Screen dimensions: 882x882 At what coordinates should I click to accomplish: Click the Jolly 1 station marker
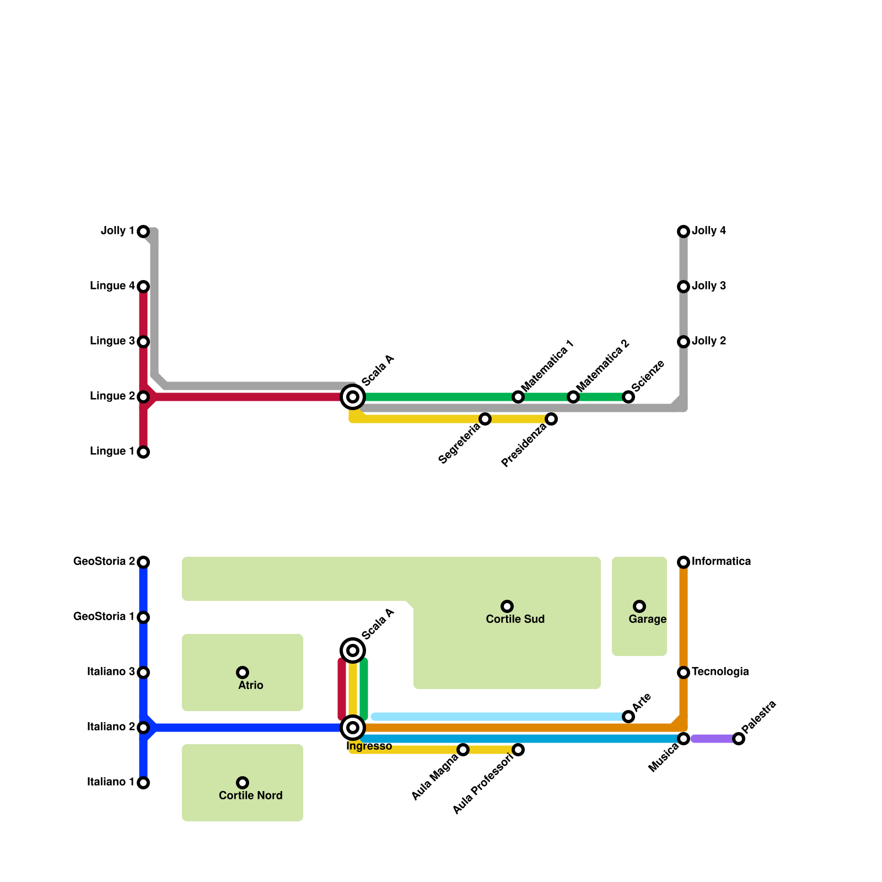pos(143,232)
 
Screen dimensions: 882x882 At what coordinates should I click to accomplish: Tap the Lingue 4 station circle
pos(143,287)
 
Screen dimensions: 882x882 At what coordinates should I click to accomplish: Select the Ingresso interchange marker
pos(353,728)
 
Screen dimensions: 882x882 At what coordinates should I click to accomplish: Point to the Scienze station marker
pos(628,397)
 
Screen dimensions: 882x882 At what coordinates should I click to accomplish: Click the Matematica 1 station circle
pos(518,397)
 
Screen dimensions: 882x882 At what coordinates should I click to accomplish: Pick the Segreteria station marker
pos(485,419)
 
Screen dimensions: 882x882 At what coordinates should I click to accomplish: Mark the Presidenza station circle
pos(551,419)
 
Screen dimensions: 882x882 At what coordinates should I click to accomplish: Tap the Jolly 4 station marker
pos(684,232)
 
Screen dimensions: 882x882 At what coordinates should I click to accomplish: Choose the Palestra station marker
pos(739,739)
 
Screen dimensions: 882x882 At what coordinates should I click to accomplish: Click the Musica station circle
pos(684,739)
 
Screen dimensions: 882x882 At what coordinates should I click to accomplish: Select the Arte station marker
pos(628,717)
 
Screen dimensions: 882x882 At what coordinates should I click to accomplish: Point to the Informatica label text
pos(721,562)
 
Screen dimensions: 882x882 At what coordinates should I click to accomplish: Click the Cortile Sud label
pos(515,620)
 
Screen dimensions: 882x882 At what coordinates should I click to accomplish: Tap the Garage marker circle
pos(639,606)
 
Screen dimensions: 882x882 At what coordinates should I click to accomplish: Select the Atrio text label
pos(251,686)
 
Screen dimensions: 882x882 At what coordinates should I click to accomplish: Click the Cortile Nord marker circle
pos(243,783)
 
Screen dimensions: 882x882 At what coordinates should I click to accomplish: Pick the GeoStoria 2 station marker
pos(143,562)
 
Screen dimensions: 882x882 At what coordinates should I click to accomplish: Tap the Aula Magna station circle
pos(463,750)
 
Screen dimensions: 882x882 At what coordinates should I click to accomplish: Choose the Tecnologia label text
pos(720,672)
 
